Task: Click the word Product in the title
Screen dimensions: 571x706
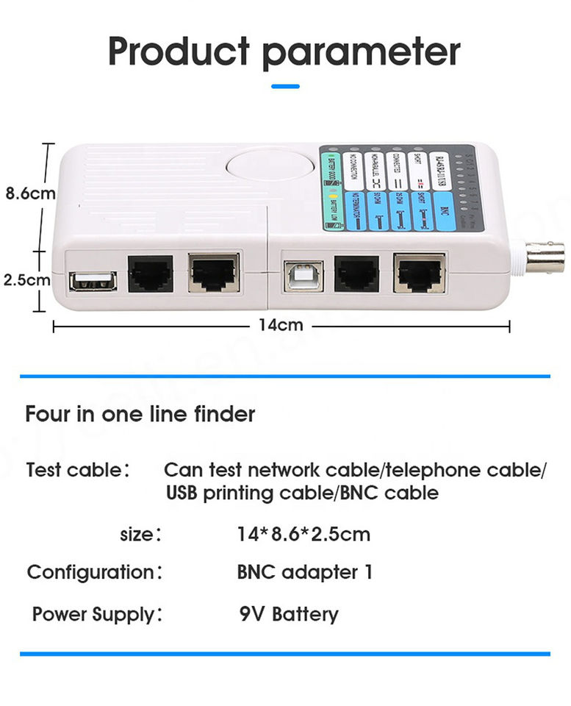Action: [x=179, y=51]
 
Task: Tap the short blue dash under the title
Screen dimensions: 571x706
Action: [x=285, y=86]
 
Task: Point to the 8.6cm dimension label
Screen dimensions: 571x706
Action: [x=30, y=194]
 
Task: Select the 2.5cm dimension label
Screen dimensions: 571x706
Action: [x=27, y=279]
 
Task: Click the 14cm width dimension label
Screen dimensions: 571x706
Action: [x=281, y=324]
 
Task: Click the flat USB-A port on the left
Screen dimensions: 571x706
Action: [x=92, y=280]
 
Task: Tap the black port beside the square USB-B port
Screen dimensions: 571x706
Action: [x=356, y=274]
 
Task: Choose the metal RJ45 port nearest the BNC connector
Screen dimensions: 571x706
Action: [x=419, y=273]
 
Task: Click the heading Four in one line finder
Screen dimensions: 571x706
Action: [x=140, y=414]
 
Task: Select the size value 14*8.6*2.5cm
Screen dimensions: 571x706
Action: [x=304, y=534]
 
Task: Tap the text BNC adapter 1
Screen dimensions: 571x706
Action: [x=304, y=571]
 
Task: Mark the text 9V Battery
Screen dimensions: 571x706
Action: [x=289, y=613]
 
